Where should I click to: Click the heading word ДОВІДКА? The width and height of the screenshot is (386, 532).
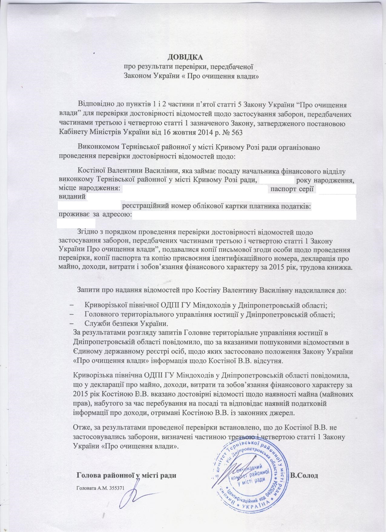[186, 57]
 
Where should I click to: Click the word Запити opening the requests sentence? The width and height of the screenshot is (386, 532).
[87, 289]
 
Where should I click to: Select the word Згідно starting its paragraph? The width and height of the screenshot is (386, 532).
[87, 233]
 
